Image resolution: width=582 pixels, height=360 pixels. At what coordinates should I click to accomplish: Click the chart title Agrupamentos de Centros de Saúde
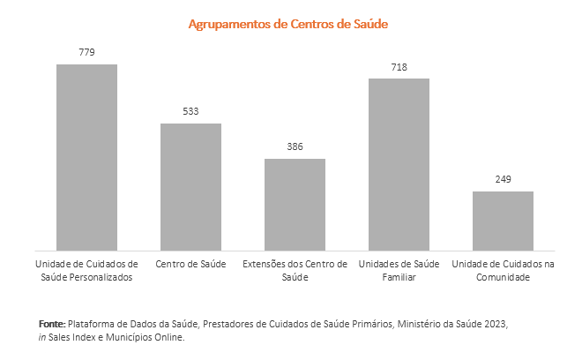288,24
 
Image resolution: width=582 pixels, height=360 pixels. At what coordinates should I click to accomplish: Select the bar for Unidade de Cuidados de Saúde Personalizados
86,157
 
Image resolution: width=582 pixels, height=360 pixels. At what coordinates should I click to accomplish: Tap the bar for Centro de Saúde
190,186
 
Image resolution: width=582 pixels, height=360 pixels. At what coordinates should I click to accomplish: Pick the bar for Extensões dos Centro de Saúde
295,204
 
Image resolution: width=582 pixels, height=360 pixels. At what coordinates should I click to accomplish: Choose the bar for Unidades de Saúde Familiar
399,164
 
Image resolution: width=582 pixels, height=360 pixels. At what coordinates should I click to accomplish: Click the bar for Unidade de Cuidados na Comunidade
503,221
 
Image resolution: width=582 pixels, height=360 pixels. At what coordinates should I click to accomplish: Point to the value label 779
86,52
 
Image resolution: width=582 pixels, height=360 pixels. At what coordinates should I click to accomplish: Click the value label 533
190,111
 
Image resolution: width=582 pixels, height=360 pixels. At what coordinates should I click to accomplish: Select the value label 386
295,146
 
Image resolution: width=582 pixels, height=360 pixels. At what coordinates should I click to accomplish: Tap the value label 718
399,66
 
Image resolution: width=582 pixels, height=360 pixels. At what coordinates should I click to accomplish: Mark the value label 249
503,179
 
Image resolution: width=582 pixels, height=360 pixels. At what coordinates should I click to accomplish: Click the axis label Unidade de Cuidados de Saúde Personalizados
86,271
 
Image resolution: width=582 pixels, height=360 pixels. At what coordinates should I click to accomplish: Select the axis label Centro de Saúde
190,265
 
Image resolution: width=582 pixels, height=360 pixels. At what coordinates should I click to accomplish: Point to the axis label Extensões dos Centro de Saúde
295,271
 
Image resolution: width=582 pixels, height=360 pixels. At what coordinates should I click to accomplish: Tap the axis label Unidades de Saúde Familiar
399,271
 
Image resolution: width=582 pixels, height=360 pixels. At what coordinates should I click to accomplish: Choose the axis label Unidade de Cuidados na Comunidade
503,271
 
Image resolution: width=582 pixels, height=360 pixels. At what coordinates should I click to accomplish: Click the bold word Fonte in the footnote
52,324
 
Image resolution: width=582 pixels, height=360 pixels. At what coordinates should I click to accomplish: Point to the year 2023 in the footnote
495,324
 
